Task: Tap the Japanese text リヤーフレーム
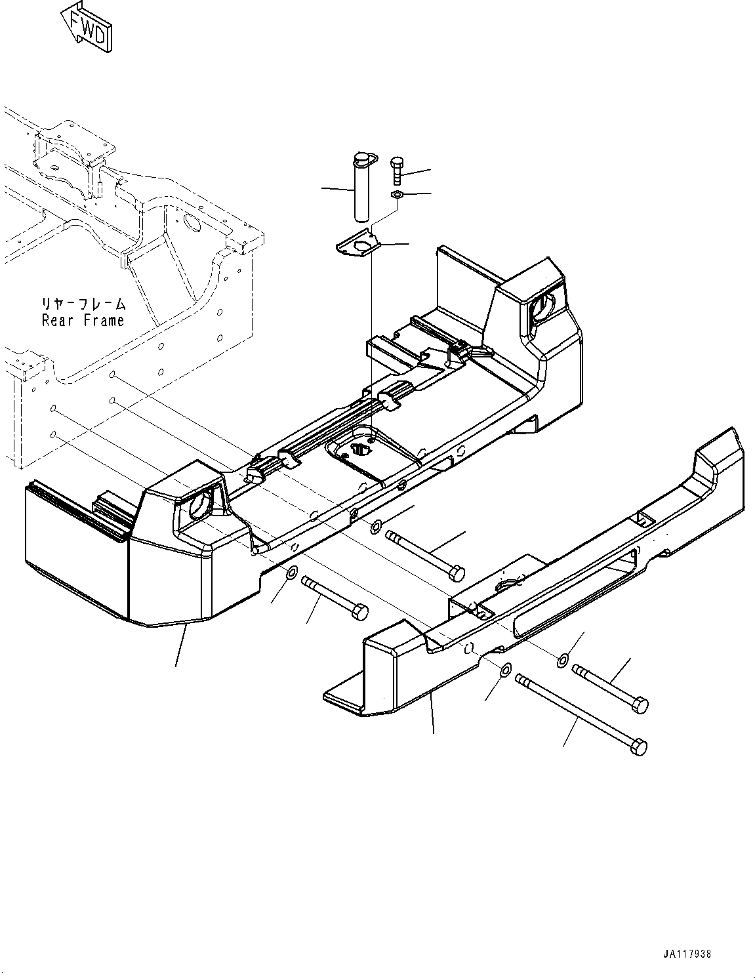(82, 304)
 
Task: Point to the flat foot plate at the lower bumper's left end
(344, 699)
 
